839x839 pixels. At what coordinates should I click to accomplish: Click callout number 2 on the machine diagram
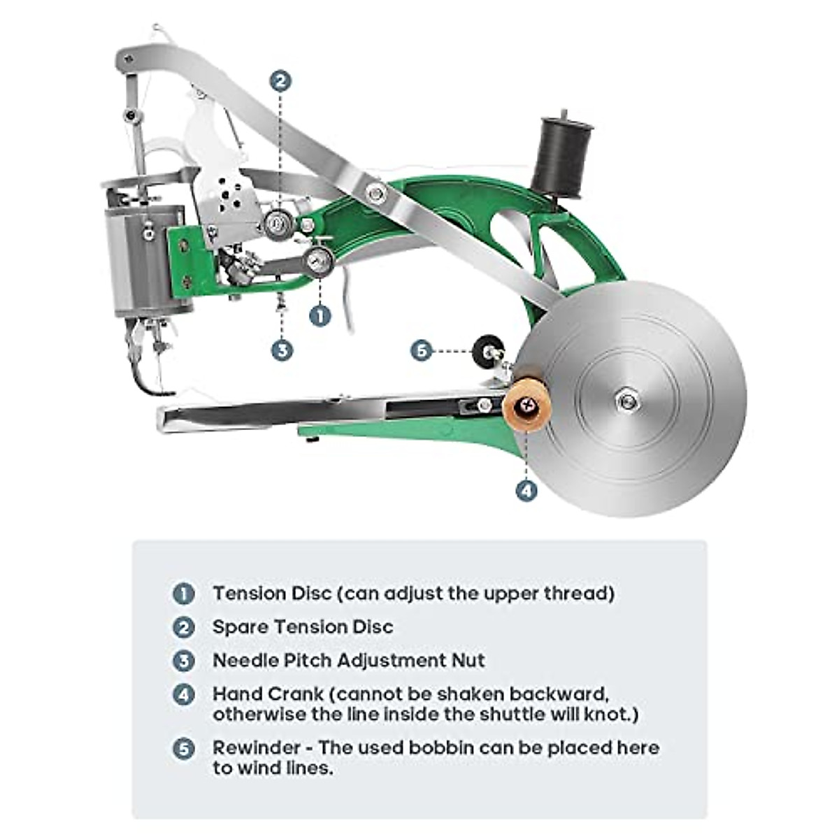(x=280, y=81)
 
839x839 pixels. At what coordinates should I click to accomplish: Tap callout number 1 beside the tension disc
(x=320, y=315)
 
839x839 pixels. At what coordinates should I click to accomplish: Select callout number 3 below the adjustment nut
(x=282, y=350)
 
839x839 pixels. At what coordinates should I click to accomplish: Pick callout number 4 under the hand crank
(x=526, y=490)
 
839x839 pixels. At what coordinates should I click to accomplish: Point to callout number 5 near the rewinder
(x=421, y=350)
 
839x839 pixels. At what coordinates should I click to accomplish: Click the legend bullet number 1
(x=183, y=594)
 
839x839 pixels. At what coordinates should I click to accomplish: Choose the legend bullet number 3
(x=183, y=661)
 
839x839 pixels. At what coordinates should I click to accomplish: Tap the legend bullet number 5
(x=183, y=748)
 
